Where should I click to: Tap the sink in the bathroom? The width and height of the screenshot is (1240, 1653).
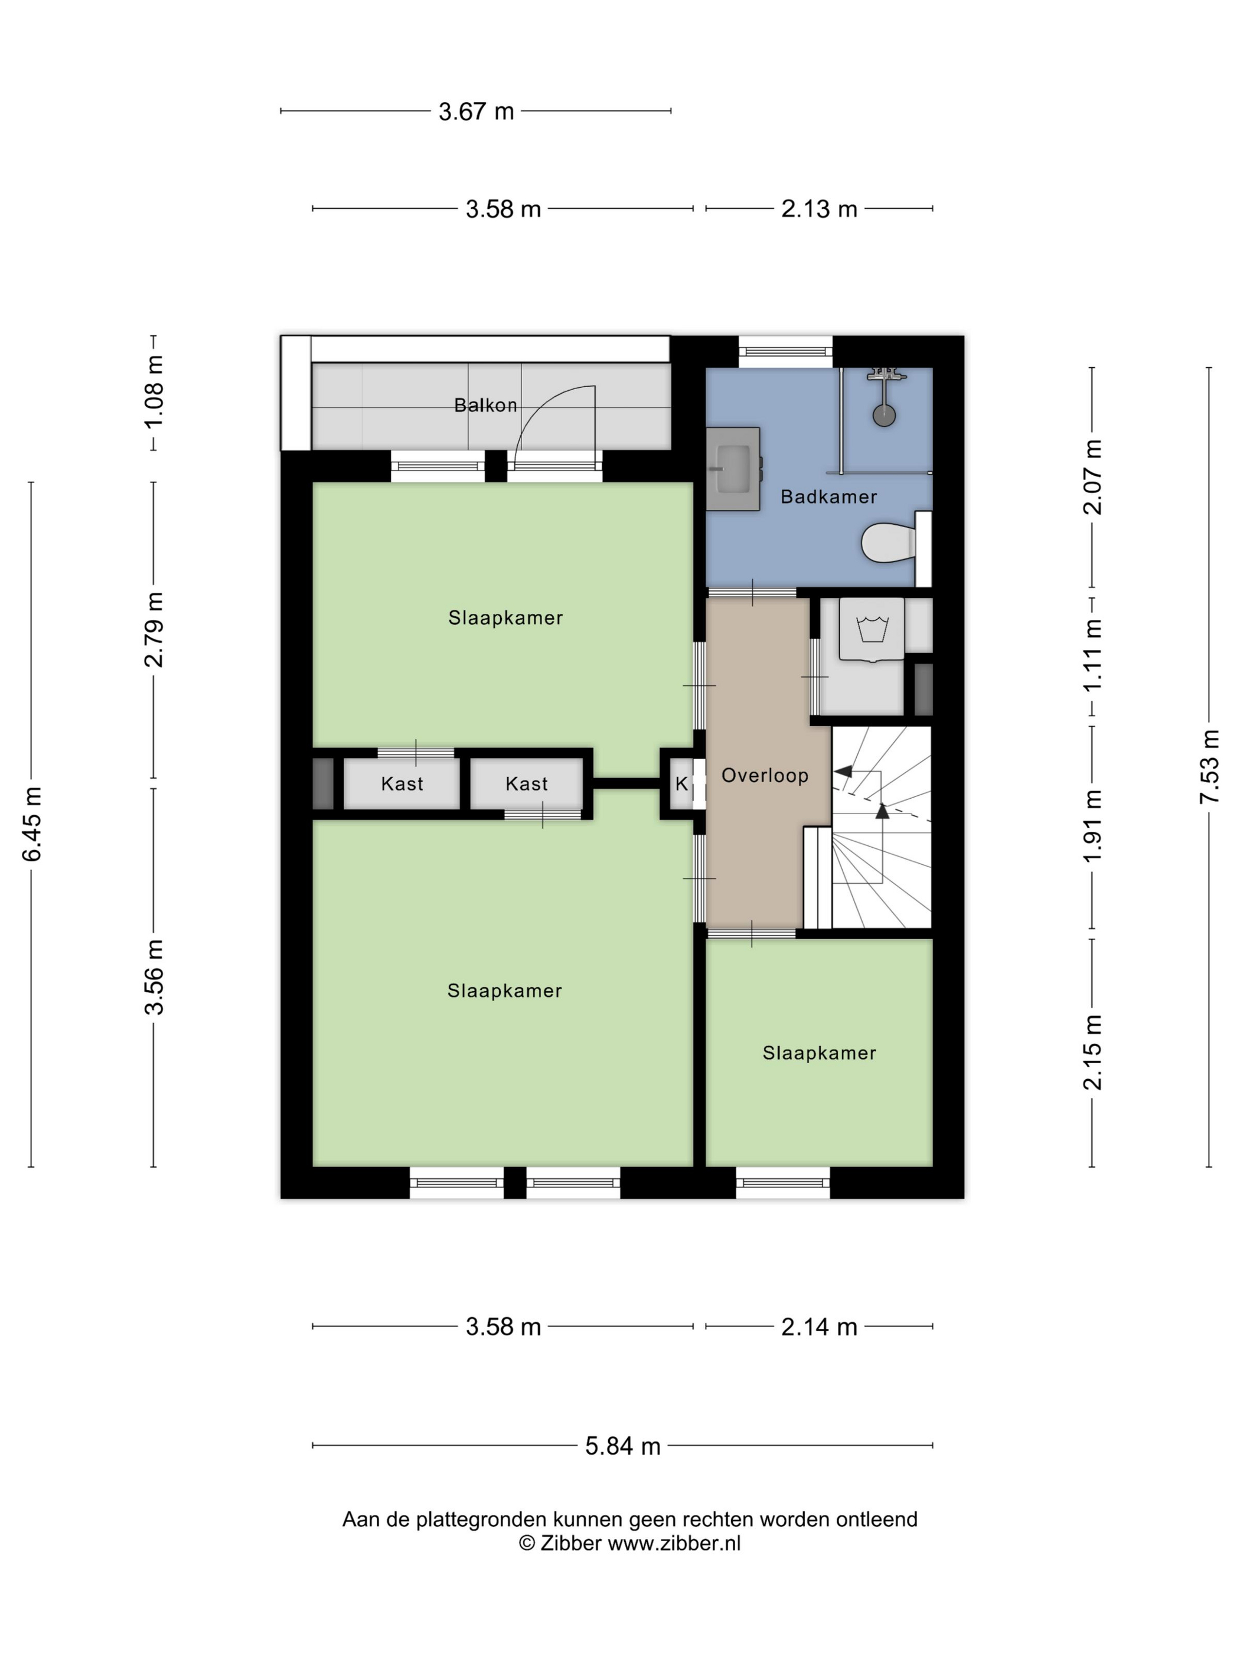point(733,469)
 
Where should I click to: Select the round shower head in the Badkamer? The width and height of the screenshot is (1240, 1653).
point(884,415)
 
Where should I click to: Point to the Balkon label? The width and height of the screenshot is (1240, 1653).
point(486,405)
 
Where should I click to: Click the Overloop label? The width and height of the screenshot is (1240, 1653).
point(765,775)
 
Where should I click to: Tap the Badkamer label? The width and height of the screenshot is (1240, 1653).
point(828,496)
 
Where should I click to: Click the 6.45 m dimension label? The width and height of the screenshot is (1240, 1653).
point(31,824)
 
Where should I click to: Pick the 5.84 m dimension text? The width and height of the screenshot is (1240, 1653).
point(622,1446)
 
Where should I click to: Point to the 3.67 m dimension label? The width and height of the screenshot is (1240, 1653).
point(476,112)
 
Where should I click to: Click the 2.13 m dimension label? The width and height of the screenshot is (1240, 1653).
point(819,208)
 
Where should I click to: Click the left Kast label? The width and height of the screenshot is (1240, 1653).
point(402,784)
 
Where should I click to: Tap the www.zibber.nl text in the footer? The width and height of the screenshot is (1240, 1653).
point(674,1543)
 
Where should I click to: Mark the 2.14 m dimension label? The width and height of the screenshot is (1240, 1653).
point(819,1327)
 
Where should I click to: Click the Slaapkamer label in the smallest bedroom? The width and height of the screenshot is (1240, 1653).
point(819,1053)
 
